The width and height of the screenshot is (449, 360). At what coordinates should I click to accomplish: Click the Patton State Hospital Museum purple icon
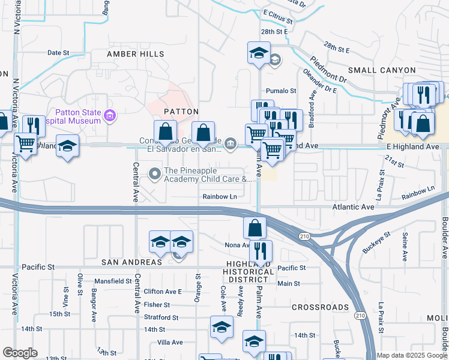109,115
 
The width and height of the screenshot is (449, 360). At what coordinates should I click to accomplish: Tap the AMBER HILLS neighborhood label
136,54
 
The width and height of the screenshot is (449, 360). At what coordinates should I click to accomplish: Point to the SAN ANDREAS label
131,262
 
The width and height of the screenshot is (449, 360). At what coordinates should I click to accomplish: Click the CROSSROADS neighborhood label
320,307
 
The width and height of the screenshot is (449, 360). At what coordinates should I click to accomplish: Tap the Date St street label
58,53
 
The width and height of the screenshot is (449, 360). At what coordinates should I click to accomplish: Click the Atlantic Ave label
354,206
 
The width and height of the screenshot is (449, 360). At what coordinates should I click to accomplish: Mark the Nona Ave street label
237,245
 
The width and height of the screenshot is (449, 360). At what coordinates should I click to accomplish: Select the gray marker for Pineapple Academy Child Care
155,174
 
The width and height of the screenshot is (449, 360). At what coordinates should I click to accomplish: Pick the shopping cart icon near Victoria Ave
25,144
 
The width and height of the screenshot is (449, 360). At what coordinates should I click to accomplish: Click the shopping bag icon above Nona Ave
255,227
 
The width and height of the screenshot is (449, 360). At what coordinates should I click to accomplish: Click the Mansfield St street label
112,281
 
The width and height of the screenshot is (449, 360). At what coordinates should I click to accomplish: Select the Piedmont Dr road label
329,70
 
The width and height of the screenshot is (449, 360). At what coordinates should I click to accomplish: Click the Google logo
20,353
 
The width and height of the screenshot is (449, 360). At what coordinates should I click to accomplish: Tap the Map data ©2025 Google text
411,355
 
